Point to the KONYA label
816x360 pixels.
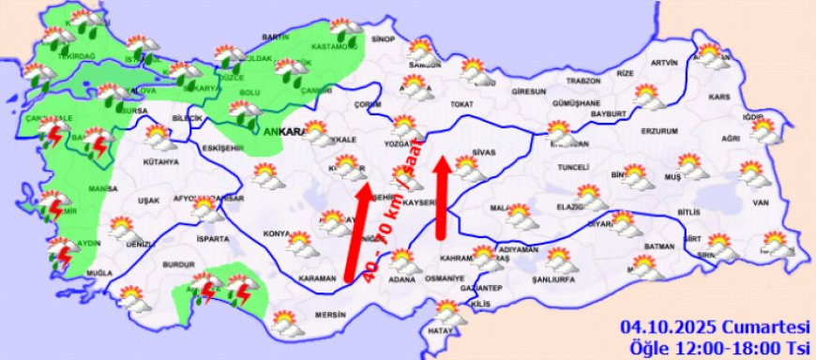[276, 233]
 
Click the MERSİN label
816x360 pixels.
[331, 315]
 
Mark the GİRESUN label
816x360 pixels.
[529, 93]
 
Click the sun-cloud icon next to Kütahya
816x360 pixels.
[159, 139]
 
